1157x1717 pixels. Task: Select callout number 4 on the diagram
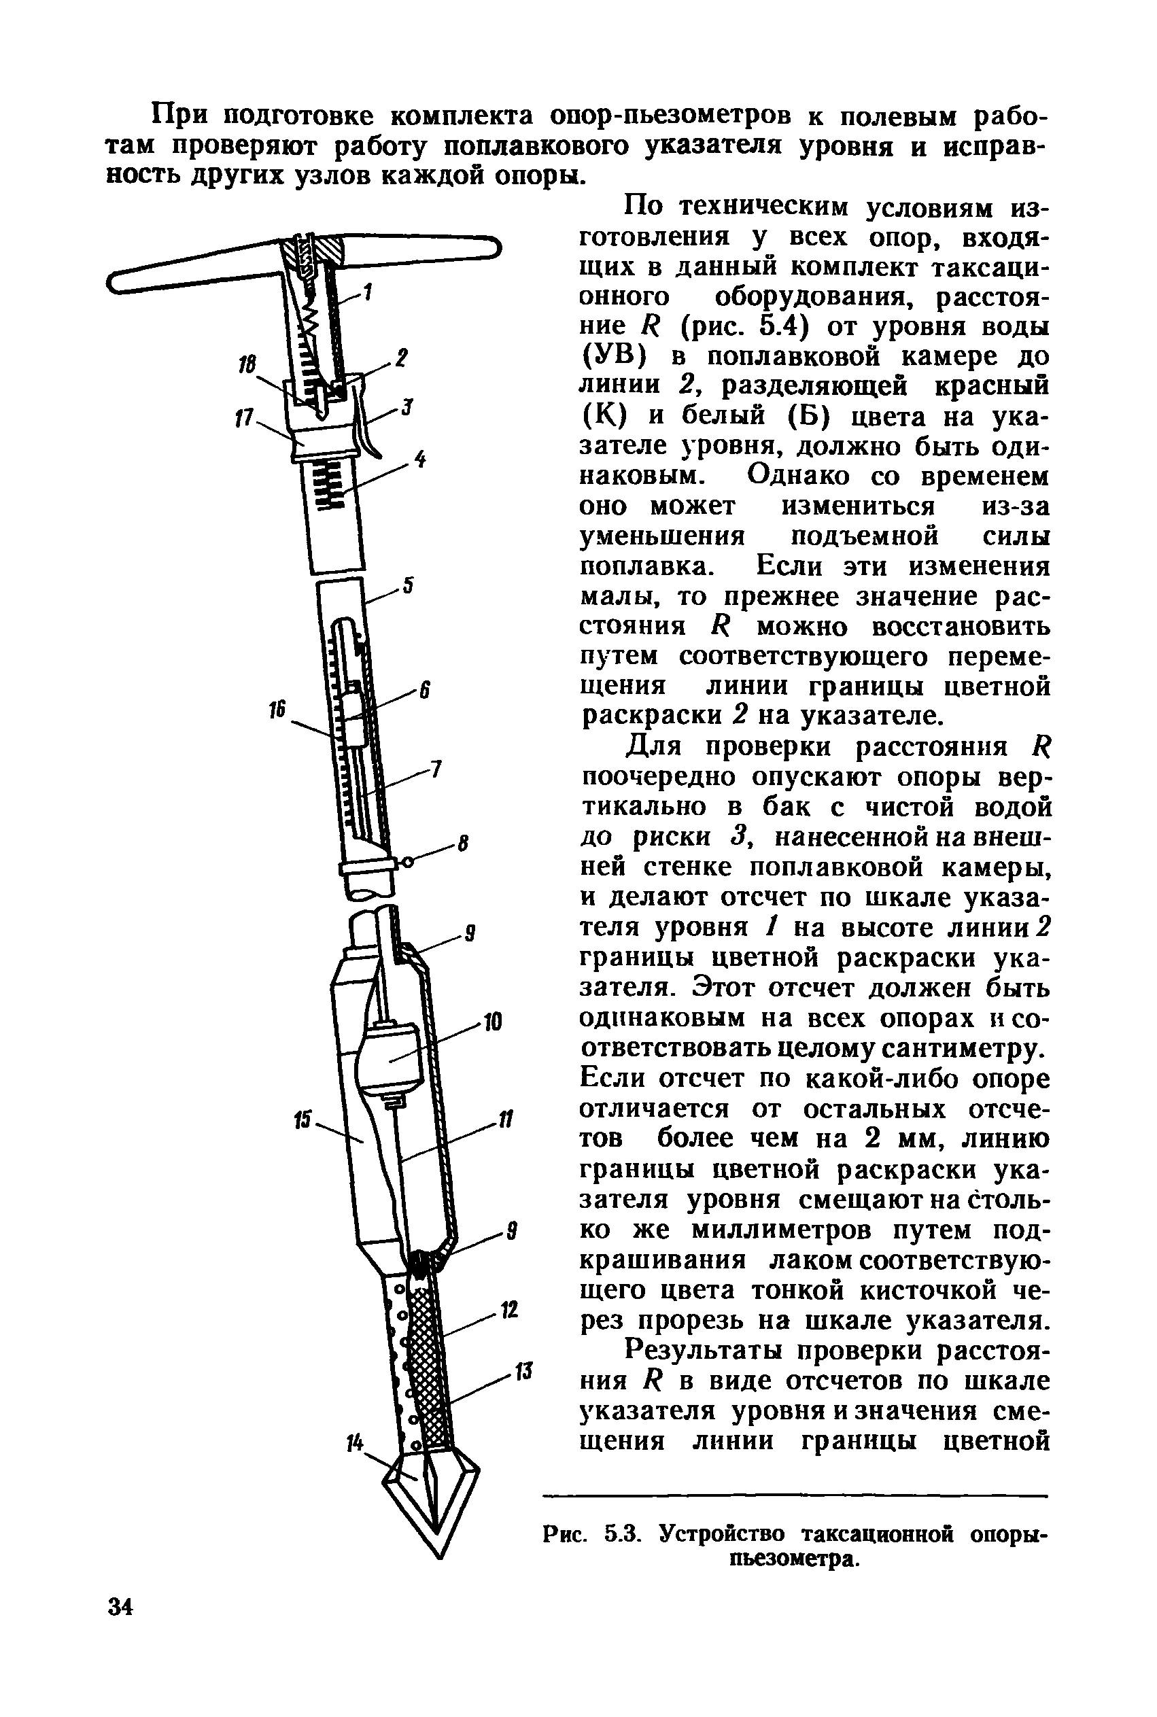pyautogui.click(x=419, y=459)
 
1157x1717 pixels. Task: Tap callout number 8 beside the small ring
pyautogui.click(x=463, y=844)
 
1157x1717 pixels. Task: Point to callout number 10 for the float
pyautogui.click(x=492, y=1023)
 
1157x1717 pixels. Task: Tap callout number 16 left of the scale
pyautogui.click(x=277, y=710)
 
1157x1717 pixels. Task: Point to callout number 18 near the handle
pyautogui.click(x=247, y=364)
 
